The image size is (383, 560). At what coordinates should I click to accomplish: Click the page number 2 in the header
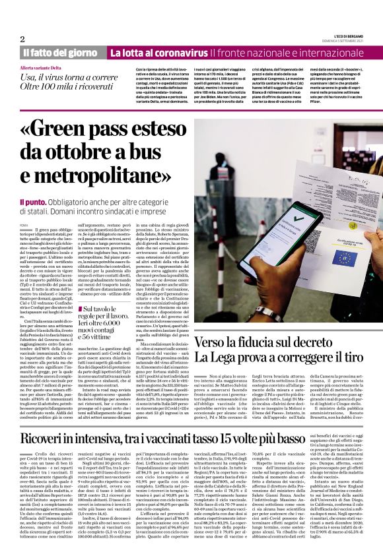(22, 39)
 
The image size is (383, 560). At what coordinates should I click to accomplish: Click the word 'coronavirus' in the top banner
(180, 53)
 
